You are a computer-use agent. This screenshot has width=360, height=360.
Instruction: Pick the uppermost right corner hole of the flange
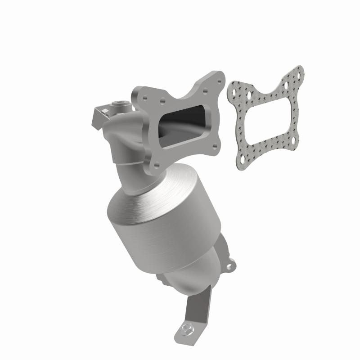click(x=219, y=81)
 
